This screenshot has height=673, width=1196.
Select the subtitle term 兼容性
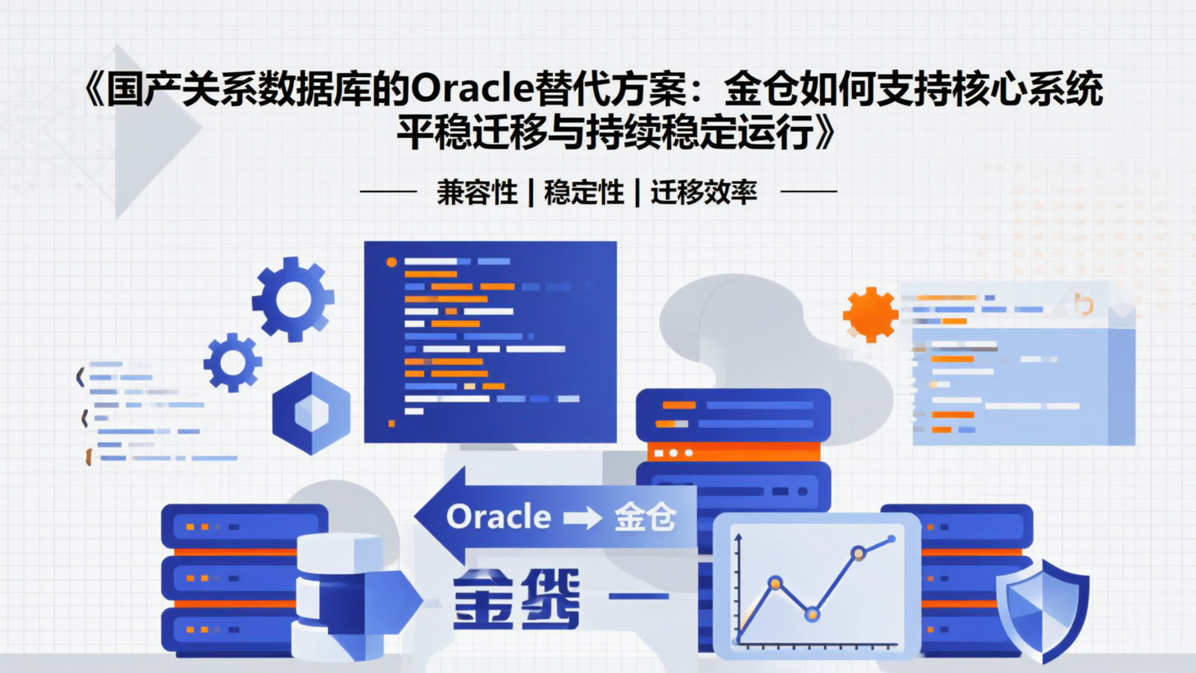pos(477,192)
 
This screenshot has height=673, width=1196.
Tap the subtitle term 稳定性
pos(584,192)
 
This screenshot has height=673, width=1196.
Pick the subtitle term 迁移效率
pos(703,192)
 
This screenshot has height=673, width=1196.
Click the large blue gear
pos(292,299)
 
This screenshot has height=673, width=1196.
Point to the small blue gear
pos(233,362)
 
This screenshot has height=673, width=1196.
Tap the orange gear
pos(870,314)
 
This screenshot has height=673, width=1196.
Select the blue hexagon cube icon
pos(311,413)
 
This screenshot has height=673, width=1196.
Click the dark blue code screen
pos(490,341)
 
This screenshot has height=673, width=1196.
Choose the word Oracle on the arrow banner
pos(498,517)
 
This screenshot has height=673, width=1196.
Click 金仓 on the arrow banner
pos(645,518)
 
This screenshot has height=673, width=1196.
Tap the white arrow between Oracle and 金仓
pos(582,518)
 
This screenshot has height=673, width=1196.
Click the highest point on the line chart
pos(891,539)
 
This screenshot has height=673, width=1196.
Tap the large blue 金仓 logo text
pos(516,598)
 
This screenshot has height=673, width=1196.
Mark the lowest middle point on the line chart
pos(812,615)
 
